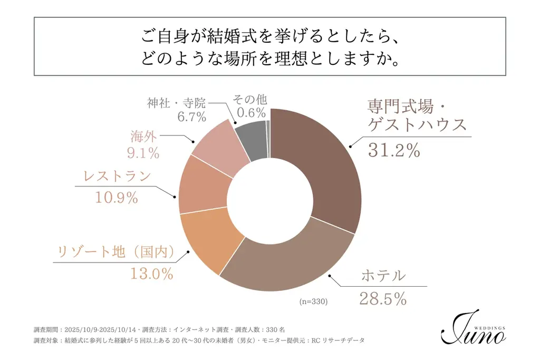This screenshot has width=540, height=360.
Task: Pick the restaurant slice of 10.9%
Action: (x=203, y=184)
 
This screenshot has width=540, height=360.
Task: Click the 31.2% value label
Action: (x=393, y=151)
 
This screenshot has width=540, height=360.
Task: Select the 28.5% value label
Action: (x=383, y=299)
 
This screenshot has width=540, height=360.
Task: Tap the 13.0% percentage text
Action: (x=152, y=274)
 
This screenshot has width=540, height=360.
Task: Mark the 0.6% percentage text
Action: (x=252, y=112)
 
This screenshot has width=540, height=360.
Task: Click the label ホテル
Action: (x=383, y=275)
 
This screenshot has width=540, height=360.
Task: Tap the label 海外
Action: (x=144, y=136)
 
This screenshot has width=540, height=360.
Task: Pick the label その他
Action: (x=252, y=99)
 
